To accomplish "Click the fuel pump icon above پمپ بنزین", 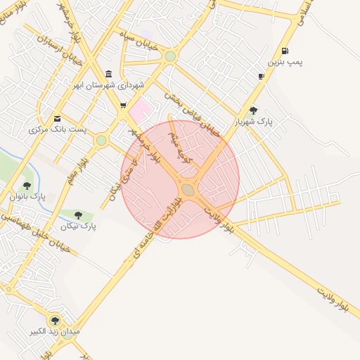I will click(x=285, y=51).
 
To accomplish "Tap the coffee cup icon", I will click(x=262, y=76).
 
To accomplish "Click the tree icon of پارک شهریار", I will click(x=253, y=110).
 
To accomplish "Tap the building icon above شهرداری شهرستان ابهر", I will click(x=108, y=74).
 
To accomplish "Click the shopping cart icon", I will click(x=124, y=106).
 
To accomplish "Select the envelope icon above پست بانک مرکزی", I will click(x=57, y=118).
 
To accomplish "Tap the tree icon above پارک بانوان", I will click(x=27, y=186).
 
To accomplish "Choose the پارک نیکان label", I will click(x=78, y=226).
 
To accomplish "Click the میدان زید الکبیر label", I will click(x=56, y=330).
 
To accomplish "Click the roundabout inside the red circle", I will click(x=188, y=189).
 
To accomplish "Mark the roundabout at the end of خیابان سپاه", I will click(x=170, y=56).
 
